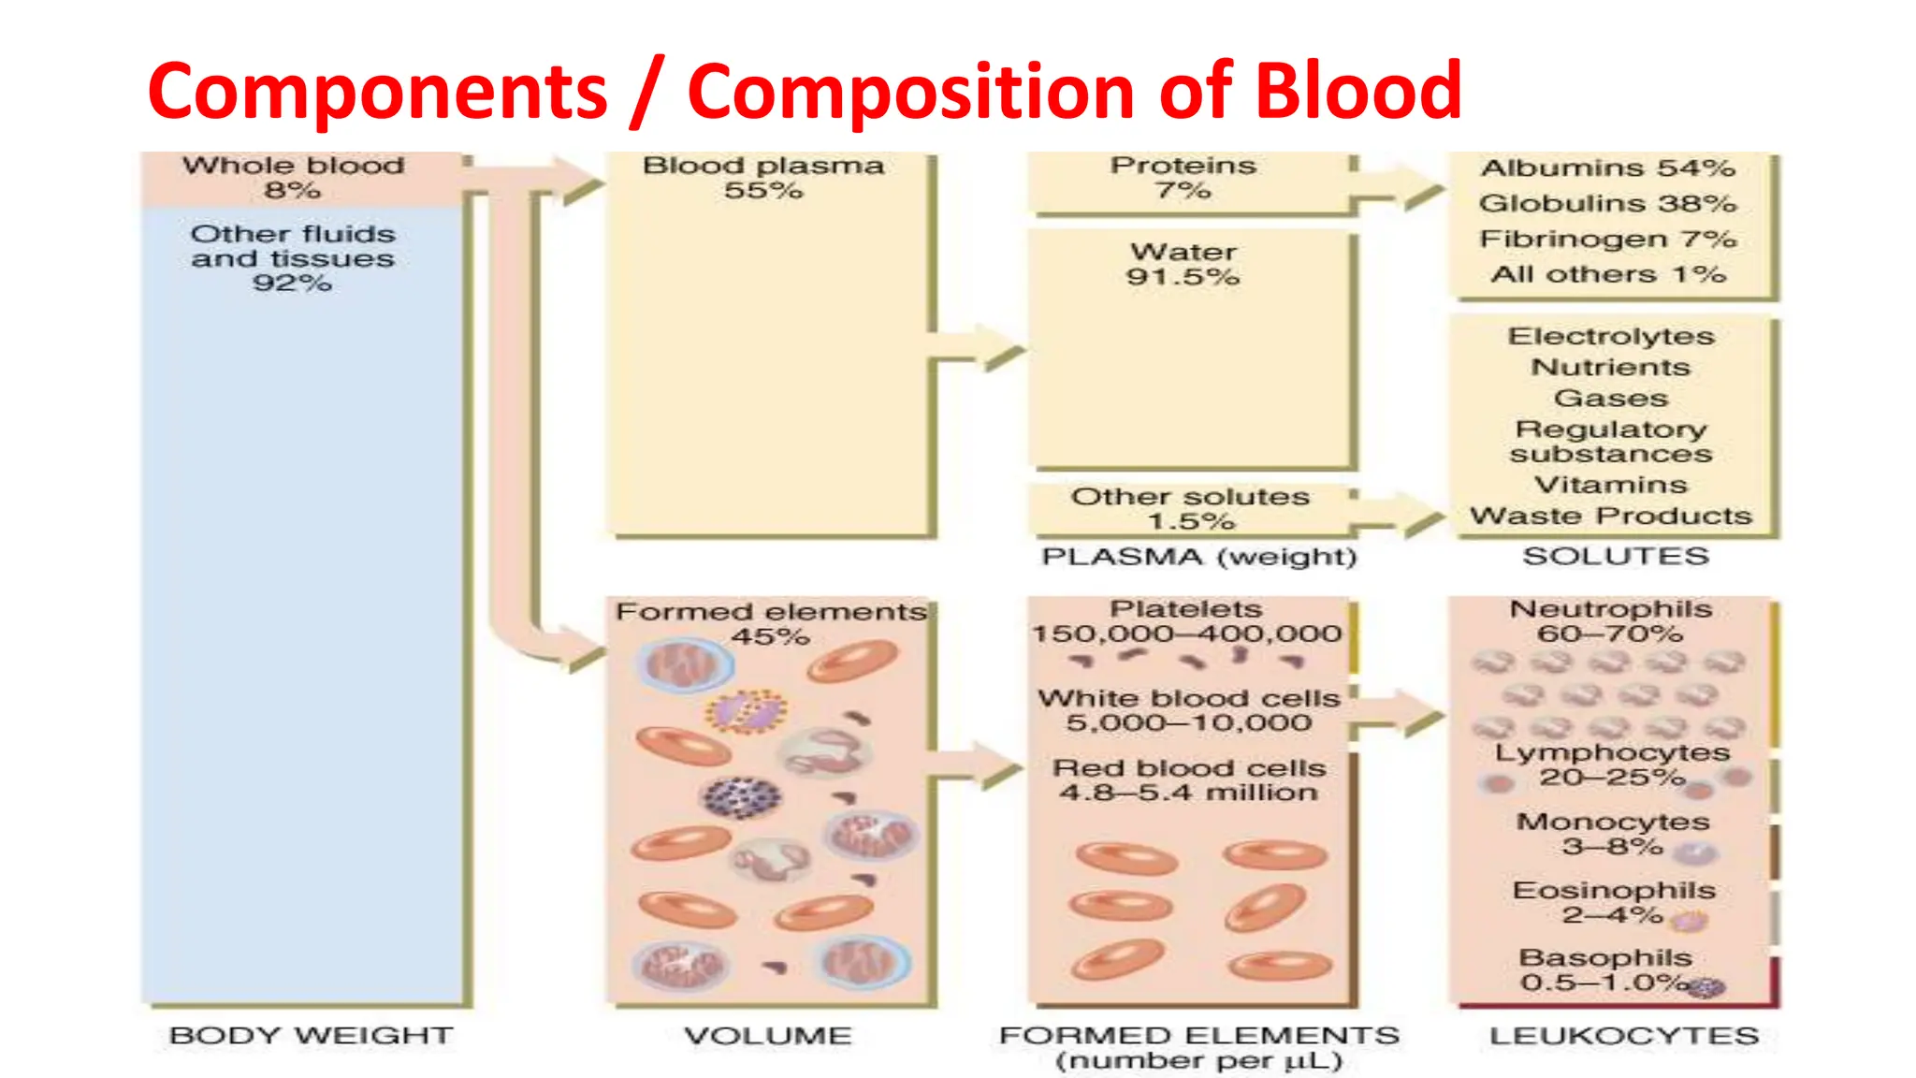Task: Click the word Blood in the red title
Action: point(1357,91)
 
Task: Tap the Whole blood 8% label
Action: point(293,178)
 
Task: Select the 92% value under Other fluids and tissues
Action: point(292,283)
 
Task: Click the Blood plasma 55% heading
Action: point(763,178)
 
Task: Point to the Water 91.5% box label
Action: point(1183,264)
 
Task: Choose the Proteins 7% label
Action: point(1183,178)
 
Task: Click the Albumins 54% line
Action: point(1607,168)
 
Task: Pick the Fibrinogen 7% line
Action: point(1607,240)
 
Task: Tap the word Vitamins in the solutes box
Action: point(1611,485)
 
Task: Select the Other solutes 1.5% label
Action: point(1190,508)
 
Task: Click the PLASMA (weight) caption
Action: point(1199,557)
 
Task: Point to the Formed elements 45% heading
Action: point(771,623)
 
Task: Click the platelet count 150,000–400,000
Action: point(1186,634)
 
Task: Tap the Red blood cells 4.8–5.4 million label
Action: point(1189,780)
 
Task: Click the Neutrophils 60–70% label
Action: point(1611,621)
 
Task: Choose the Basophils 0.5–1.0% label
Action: point(1605,970)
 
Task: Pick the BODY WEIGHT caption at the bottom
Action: point(311,1036)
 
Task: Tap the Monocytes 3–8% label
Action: point(1613,834)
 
